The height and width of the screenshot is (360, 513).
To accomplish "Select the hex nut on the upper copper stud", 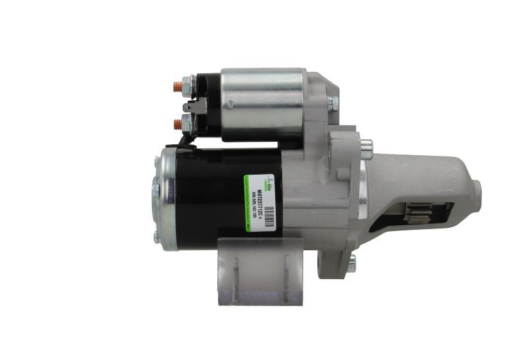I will [187, 83].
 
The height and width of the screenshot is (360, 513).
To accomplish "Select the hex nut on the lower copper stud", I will [187, 122].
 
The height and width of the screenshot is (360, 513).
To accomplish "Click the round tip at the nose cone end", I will [478, 187].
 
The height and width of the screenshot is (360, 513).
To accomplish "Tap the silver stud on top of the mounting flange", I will [366, 146].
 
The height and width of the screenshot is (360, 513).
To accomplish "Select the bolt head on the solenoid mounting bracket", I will [333, 102].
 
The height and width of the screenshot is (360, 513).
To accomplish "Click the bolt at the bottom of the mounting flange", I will [351, 261].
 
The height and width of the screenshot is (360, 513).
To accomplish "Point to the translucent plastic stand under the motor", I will [260, 270].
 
